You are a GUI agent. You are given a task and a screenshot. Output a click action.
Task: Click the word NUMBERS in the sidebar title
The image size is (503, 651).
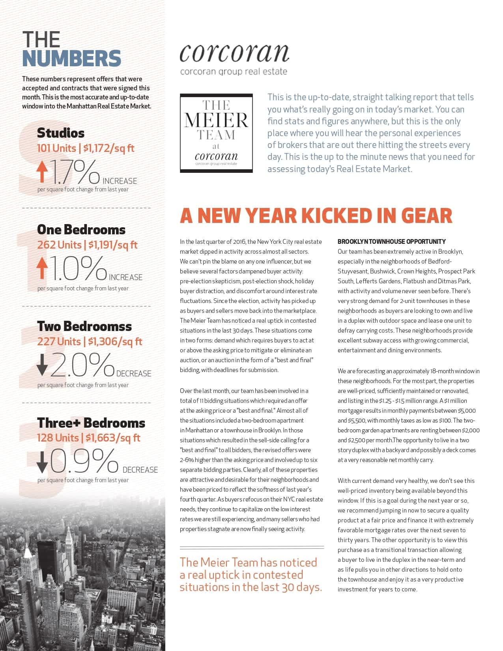point(71,58)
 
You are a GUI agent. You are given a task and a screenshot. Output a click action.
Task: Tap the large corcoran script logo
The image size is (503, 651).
point(234,53)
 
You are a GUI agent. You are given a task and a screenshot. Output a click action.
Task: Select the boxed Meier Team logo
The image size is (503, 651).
point(216,133)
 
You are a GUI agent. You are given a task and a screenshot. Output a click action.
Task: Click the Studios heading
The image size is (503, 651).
point(61,133)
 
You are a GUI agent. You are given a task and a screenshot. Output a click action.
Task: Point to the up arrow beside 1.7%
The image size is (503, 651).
point(42,172)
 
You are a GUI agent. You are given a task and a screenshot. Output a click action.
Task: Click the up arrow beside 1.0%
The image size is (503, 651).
point(42,268)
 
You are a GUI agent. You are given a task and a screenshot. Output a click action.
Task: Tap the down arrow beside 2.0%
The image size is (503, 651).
point(42,365)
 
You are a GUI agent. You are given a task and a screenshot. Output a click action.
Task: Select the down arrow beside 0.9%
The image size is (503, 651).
point(42,462)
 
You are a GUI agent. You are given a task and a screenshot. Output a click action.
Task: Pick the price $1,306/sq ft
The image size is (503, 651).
point(115,342)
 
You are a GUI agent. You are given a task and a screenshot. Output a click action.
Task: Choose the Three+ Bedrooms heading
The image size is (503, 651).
point(91,423)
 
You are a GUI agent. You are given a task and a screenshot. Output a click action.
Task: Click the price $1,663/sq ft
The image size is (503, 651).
point(113,438)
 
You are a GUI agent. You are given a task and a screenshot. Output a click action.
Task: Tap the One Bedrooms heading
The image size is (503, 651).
point(81,230)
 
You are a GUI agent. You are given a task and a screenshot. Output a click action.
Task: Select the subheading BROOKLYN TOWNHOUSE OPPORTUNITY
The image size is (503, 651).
point(391,241)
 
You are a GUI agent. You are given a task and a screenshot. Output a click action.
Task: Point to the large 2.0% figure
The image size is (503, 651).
point(82,365)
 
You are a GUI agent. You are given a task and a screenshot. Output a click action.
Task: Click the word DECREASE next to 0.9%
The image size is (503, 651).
point(140,470)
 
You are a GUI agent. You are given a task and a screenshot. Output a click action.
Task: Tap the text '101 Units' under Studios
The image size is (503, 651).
point(56,148)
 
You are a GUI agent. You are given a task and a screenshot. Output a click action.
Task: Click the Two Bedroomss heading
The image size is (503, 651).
point(84,326)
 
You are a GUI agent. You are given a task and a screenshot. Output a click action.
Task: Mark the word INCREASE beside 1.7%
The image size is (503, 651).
point(120,181)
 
